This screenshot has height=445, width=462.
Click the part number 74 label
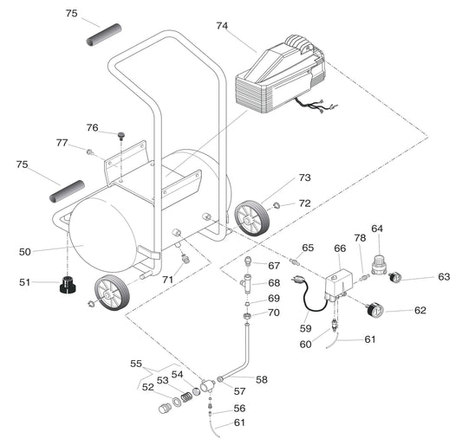222,26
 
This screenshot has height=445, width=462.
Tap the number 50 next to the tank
24,251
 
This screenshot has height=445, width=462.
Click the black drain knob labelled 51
68,284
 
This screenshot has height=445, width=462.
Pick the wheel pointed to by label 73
251,216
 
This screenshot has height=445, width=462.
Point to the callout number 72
304,203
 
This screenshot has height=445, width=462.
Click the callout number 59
304,328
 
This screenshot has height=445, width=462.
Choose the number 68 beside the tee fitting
273,283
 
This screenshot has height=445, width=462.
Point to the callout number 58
261,379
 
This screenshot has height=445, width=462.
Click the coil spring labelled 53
181,399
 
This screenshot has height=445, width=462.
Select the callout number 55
135,364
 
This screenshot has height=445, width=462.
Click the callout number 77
62,143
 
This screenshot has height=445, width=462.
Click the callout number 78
359,238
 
